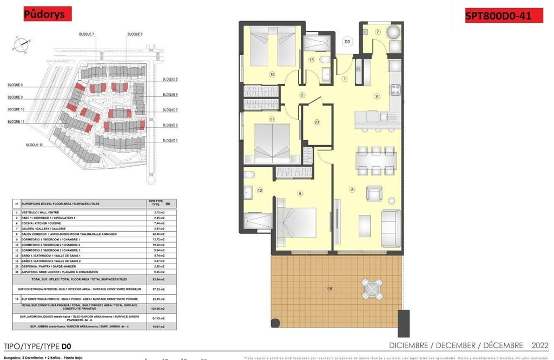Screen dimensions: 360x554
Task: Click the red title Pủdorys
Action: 48,15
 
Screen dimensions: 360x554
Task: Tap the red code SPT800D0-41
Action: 497,16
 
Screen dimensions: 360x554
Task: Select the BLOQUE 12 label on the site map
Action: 34,145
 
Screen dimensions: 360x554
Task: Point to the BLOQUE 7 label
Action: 87,34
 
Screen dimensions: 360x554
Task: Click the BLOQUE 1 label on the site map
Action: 170,140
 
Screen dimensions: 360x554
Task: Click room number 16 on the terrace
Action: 330,289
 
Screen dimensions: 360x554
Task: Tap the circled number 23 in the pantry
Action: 317,122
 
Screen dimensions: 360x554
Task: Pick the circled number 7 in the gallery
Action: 378,33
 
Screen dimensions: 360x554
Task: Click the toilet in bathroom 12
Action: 249,174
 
